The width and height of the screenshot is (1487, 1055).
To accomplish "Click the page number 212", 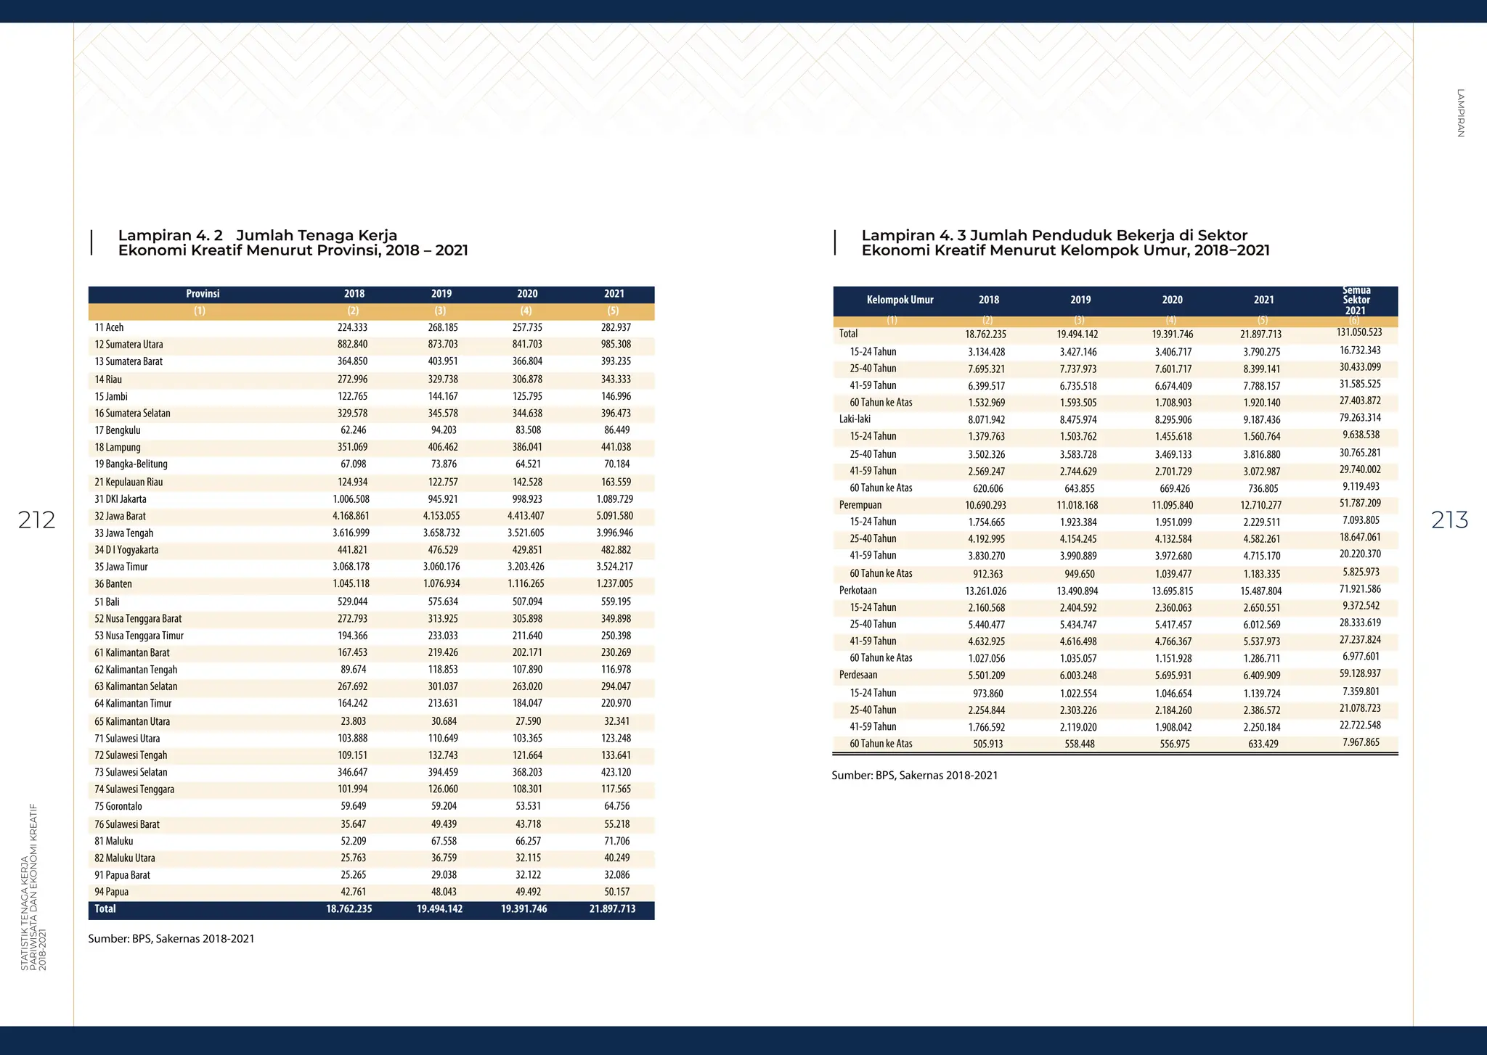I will click(36, 520).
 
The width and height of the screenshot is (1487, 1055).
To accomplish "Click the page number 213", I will click(1449, 520).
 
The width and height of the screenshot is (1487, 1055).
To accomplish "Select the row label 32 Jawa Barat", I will click(121, 516).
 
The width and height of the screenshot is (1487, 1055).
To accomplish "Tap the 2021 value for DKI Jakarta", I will click(615, 499).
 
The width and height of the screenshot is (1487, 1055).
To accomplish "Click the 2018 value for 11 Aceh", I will click(353, 327).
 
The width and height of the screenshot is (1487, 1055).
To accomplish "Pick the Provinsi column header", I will click(203, 294).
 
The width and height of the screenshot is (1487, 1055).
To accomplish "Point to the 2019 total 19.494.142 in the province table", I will click(439, 909).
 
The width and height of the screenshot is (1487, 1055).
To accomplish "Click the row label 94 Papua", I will click(112, 892).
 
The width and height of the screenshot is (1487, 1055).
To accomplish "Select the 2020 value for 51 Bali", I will click(528, 602).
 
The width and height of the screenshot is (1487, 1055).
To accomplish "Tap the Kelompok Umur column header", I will click(900, 300).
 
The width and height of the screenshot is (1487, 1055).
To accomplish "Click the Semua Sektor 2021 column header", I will click(1356, 300).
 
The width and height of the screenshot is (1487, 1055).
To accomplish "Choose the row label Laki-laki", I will click(855, 419).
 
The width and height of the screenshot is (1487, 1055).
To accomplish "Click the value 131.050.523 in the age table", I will click(1359, 333).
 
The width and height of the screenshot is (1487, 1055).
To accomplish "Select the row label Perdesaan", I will click(858, 676).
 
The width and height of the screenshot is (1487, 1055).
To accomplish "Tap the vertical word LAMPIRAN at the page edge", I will click(1460, 112).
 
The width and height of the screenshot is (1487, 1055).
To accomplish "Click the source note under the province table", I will click(171, 939).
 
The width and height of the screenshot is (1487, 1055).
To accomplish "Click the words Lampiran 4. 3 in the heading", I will click(913, 236).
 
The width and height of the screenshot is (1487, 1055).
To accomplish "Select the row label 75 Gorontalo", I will click(118, 806).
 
